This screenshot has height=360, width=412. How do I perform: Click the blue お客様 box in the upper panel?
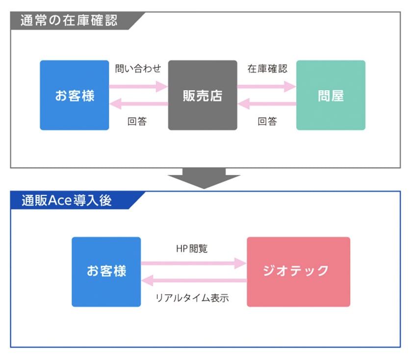click(75, 95)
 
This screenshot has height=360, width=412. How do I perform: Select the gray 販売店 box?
click(203, 95)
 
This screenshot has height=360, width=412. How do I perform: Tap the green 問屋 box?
click(331, 95)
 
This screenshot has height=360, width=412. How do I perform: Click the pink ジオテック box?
click(299, 272)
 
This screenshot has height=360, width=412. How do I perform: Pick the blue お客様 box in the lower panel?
click(106, 272)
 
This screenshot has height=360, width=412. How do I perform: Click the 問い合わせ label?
click(138, 69)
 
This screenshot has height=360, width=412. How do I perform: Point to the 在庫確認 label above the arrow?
click(267, 69)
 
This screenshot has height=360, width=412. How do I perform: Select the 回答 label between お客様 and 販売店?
click(137, 122)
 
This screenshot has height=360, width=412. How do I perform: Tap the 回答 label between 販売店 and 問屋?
click(267, 122)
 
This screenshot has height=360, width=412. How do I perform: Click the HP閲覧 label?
click(192, 248)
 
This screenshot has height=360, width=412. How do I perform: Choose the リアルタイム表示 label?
click(192, 298)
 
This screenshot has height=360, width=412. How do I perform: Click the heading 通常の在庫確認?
click(69, 21)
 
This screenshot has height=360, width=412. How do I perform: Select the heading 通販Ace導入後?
click(67, 201)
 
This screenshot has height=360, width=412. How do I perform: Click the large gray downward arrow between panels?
click(204, 178)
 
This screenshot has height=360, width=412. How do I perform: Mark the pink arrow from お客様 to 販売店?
click(138, 86)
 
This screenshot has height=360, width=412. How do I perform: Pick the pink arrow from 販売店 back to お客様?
click(138, 103)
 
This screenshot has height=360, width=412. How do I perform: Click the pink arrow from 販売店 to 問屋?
click(267, 86)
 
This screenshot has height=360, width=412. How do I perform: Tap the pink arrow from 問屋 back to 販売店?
click(267, 103)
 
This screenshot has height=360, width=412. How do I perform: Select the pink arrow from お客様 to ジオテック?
click(194, 263)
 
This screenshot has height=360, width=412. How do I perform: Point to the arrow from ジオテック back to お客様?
click(194, 281)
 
